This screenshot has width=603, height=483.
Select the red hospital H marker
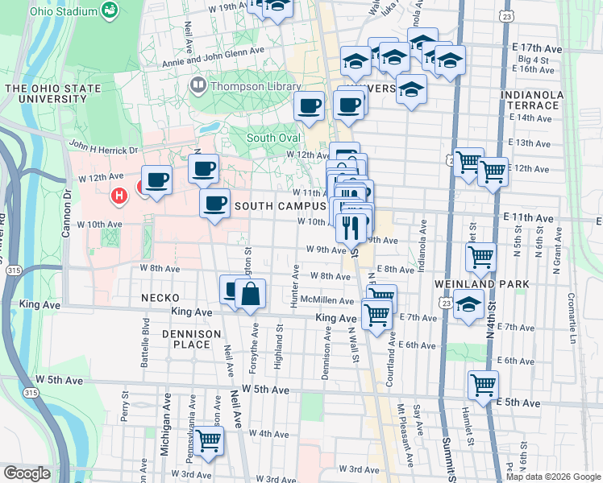pyautogui.click(x=119, y=195)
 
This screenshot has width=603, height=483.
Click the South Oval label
pyautogui.click(x=272, y=138)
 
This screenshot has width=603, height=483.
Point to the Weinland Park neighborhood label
pyautogui.click(x=481, y=284)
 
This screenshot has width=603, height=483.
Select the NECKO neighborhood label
pyautogui.click(x=160, y=297)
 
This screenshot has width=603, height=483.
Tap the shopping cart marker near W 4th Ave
pyautogui.click(x=209, y=441)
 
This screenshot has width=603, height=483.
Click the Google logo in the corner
pyautogui.click(x=27, y=473)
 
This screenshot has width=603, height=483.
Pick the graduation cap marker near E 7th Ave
pyautogui.click(x=468, y=305)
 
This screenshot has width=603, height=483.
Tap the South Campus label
pyautogui.click(x=280, y=206)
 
